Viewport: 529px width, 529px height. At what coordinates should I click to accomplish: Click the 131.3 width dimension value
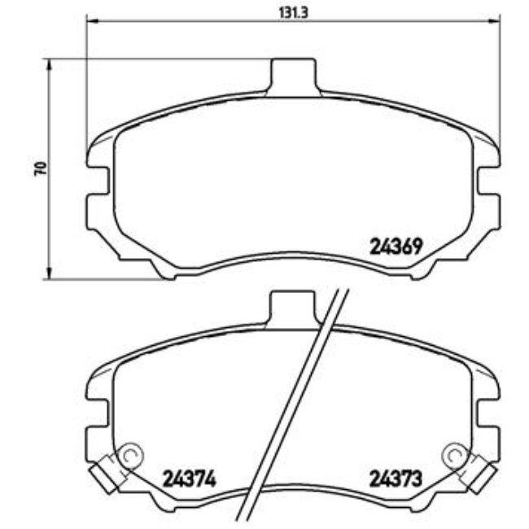[x=291, y=11]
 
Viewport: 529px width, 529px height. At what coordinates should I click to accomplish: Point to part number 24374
[x=190, y=477]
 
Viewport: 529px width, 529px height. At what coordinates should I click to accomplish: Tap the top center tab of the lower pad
[x=291, y=307]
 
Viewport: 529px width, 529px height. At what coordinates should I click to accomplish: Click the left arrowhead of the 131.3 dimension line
[x=90, y=20]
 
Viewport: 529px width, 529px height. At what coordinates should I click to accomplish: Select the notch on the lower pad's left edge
[x=94, y=415]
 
